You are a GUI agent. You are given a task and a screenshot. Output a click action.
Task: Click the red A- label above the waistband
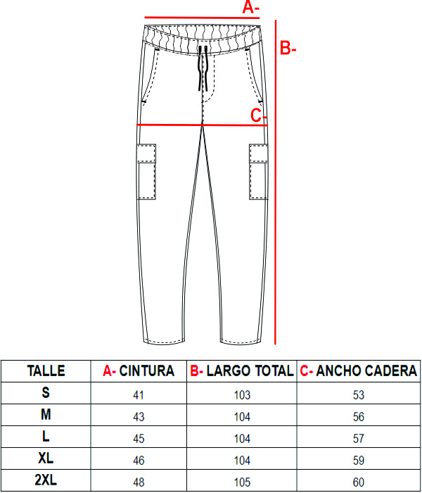click(251, 7)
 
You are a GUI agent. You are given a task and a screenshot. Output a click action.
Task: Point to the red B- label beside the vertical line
click(288, 49)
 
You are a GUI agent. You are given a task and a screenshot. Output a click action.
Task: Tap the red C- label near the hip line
click(259, 116)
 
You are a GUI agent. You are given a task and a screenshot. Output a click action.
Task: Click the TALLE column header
click(46, 370)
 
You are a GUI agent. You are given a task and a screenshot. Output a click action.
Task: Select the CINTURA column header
click(146, 370)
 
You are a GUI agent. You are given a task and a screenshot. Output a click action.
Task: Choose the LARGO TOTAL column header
click(250, 370)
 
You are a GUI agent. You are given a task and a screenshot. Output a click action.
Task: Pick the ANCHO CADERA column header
click(366, 370)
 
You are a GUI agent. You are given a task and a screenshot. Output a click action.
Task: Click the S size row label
click(46, 392)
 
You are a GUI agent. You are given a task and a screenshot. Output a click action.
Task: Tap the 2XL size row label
click(46, 480)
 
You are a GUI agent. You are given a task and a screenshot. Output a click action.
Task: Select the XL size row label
click(46, 458)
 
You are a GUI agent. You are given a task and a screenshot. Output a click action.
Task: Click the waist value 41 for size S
click(139, 395)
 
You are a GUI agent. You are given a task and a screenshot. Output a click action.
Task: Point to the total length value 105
click(242, 482)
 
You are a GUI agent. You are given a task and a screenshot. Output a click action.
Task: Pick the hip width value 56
click(359, 417)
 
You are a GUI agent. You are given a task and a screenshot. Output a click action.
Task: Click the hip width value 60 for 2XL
click(359, 482)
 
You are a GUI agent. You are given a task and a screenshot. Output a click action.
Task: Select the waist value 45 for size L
click(139, 439)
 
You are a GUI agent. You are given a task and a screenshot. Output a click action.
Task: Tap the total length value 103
click(242, 395)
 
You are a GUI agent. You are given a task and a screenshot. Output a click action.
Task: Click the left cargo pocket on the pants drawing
click(146, 172)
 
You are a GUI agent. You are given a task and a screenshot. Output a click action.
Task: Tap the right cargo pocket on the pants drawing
click(258, 172)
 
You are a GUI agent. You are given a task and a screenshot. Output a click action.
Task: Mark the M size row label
click(46, 414)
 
